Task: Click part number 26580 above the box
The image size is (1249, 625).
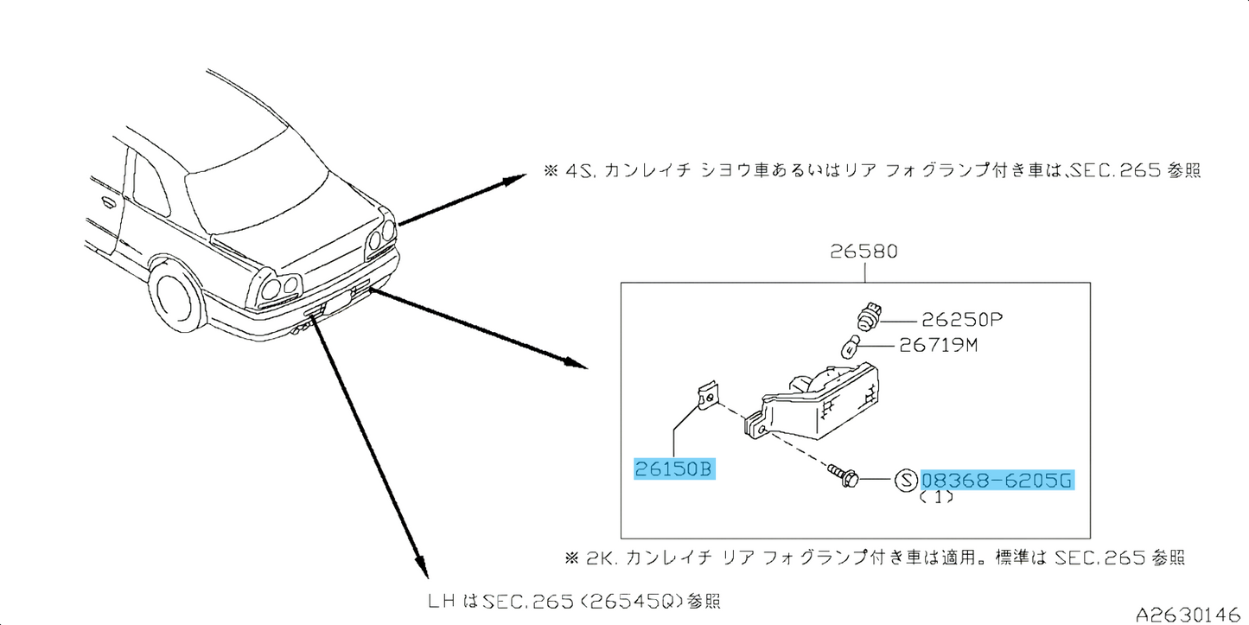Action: point(863,252)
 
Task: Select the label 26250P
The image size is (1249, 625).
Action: point(949,320)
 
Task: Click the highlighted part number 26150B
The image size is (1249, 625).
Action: point(673,469)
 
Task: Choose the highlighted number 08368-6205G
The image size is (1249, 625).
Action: point(998,481)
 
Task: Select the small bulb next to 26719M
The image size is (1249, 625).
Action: point(852,348)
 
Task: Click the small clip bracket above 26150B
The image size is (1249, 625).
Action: point(706,396)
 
